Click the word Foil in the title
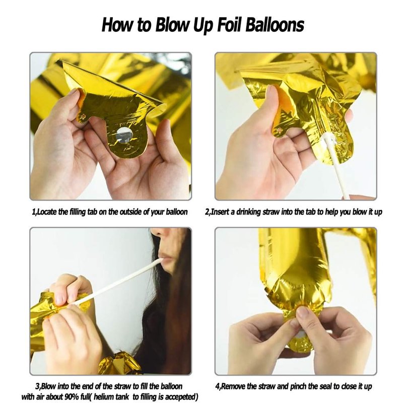click(x=230, y=25)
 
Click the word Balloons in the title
click(x=275, y=25)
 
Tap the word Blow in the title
click(x=171, y=25)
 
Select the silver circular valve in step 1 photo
click(x=124, y=136)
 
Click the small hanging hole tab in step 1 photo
click(x=83, y=117)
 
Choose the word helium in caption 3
click(x=102, y=396)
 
